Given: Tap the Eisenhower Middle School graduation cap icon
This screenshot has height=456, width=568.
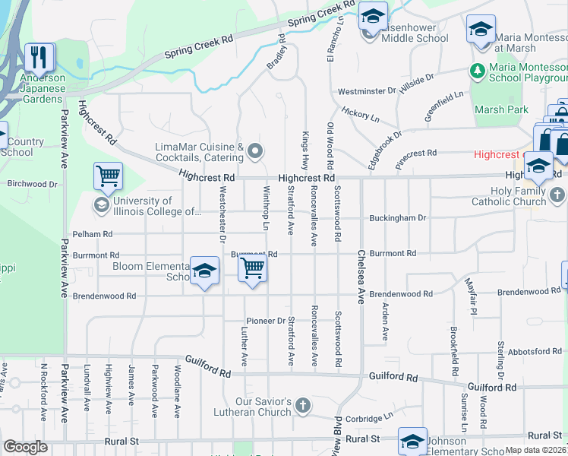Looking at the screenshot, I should (373, 16).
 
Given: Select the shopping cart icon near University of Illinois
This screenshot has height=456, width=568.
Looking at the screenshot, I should (108, 176).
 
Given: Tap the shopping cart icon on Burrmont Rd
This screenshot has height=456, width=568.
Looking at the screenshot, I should (252, 268).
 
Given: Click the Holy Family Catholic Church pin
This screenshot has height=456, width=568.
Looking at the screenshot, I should (558, 195).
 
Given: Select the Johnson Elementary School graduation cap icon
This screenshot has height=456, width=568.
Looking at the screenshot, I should (413, 442).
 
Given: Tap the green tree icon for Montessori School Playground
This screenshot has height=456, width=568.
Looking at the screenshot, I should (478, 71).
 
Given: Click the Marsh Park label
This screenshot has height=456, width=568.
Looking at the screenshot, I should (501, 109).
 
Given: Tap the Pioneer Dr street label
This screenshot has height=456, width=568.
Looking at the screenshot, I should (265, 321).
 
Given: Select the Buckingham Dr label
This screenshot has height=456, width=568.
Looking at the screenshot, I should (397, 217).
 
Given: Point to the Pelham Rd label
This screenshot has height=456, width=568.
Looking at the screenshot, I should (92, 235).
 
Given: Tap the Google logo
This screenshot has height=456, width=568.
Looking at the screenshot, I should (25, 447).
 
